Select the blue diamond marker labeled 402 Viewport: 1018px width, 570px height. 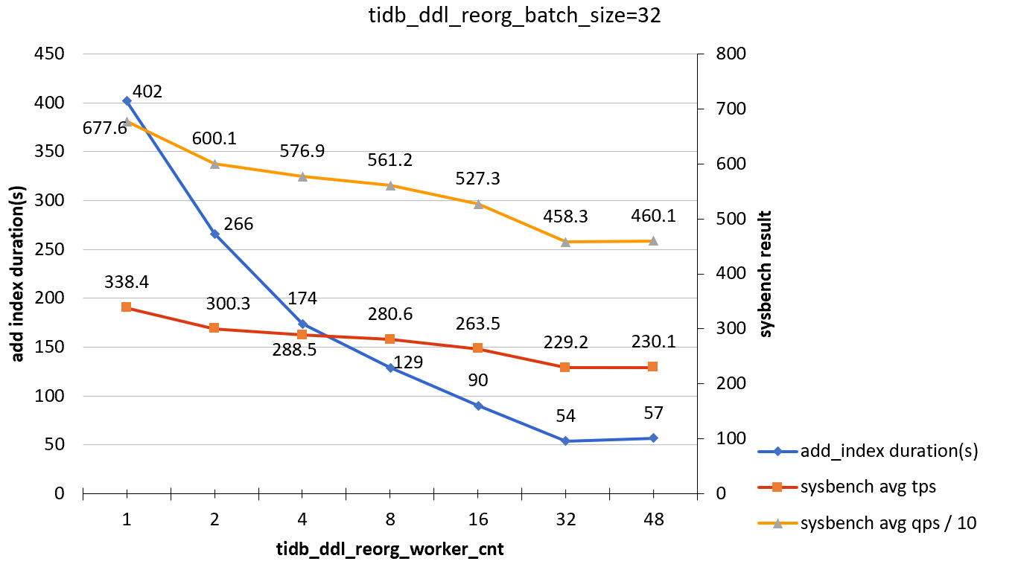127,100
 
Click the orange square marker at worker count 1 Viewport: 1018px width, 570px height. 127,307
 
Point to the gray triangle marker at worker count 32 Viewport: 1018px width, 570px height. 565,242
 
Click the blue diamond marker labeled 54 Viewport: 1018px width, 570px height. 565,441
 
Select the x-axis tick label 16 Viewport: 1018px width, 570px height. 477,519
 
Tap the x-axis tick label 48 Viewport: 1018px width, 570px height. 653,519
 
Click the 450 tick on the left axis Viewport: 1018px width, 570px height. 48,54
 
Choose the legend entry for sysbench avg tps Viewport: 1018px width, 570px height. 868,487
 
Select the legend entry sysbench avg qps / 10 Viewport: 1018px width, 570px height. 888,523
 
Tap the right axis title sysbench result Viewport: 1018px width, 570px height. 766,274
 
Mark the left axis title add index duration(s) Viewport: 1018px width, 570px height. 18,274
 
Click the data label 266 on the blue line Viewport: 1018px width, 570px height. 239,224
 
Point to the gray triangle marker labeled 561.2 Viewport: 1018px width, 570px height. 389,185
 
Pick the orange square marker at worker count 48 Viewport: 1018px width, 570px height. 653,367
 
